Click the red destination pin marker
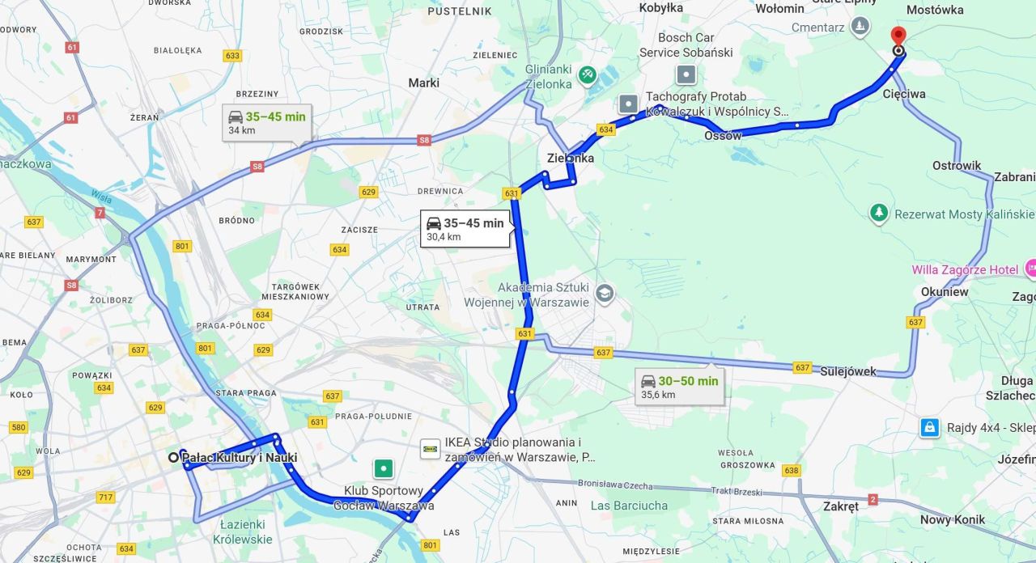click(898, 36)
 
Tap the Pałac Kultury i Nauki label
click(240, 458)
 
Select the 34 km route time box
click(266, 122)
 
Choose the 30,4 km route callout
click(465, 229)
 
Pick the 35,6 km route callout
click(679, 387)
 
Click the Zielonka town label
click(570, 159)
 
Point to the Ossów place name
click(723, 136)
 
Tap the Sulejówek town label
click(848, 371)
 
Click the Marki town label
click(423, 83)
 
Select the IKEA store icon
click(431, 449)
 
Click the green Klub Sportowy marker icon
click(384, 468)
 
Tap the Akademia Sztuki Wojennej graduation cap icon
click(604, 293)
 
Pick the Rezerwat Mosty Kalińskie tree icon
click(879, 214)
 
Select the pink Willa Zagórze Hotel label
click(966, 269)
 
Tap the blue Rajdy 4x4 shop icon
click(930, 427)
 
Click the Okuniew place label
click(944, 292)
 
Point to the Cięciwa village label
click(904, 94)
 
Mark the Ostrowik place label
click(957, 166)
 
